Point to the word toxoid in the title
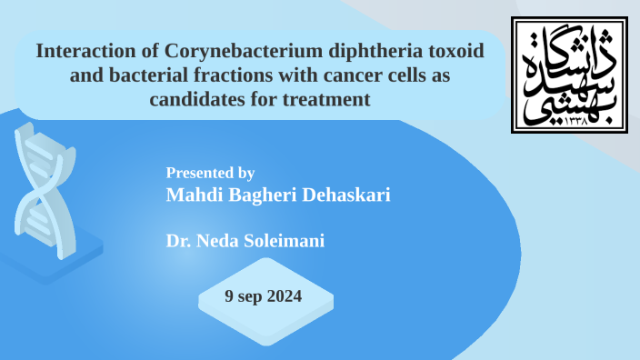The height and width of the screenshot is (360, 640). (x=451, y=52)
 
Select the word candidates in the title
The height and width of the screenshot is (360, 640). (x=195, y=99)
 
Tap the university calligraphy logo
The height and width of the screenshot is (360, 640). (x=568, y=75)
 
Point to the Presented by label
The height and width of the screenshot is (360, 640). (x=210, y=173)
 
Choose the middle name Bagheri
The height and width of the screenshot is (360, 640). (x=256, y=195)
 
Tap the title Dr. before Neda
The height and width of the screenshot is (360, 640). (x=179, y=241)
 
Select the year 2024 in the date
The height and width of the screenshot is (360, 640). (x=284, y=296)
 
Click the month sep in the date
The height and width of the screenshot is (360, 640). (x=250, y=296)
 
